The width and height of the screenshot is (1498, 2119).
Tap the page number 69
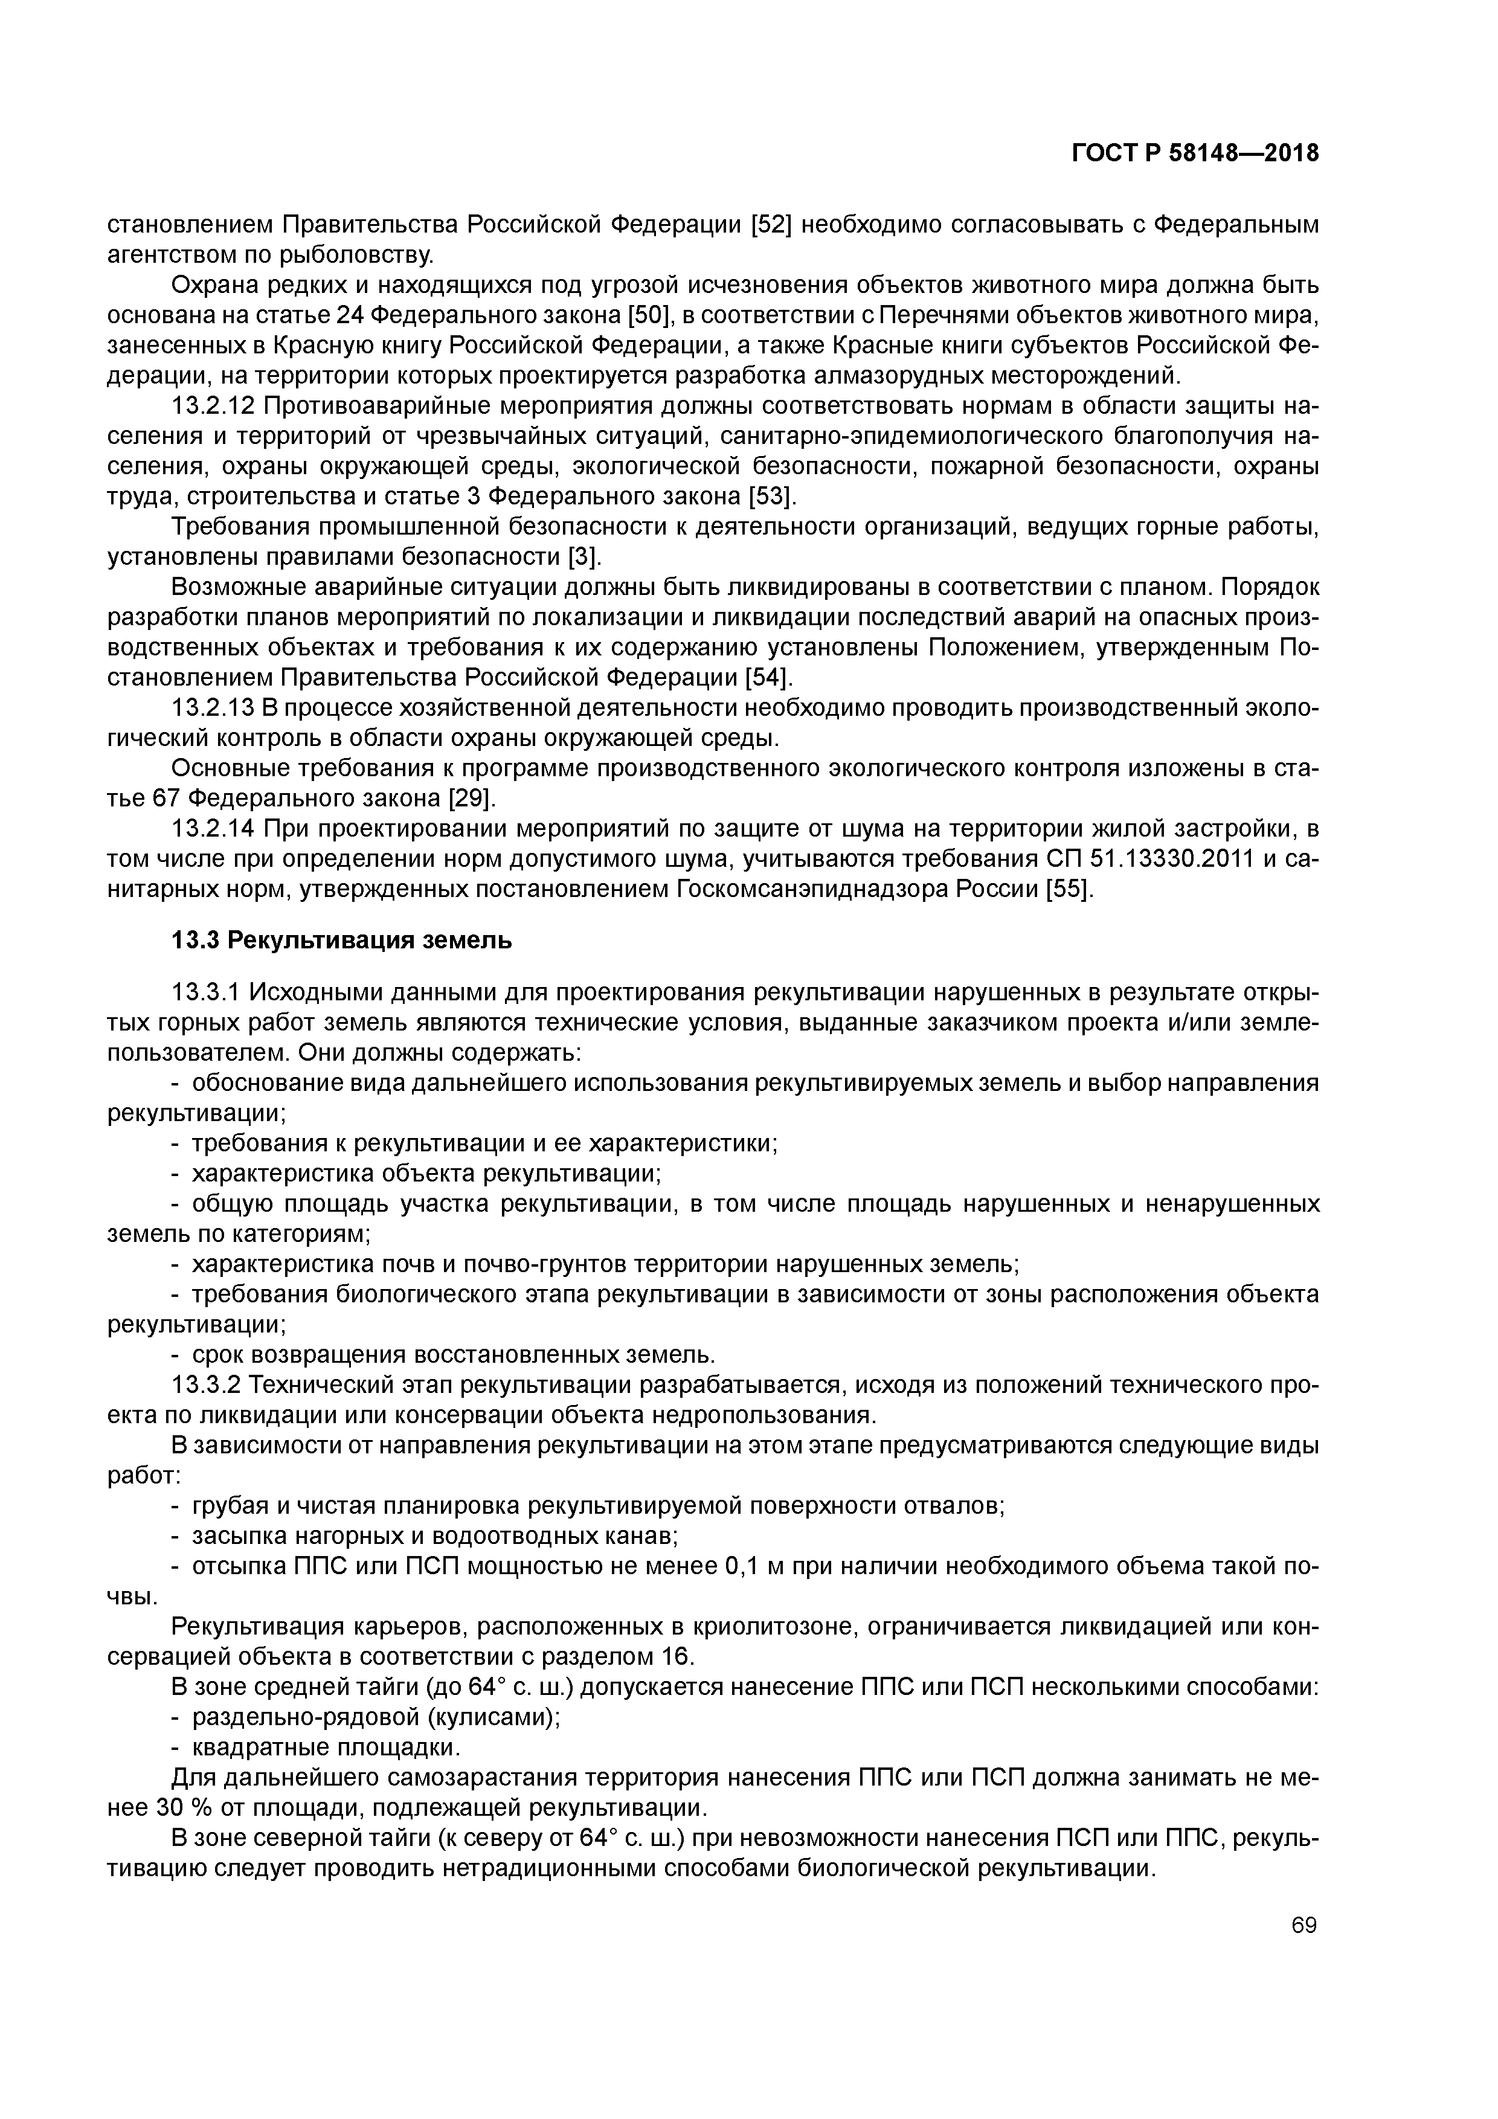1304,1925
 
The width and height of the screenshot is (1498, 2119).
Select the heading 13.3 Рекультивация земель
341,941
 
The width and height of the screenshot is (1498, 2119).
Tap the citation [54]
767,677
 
